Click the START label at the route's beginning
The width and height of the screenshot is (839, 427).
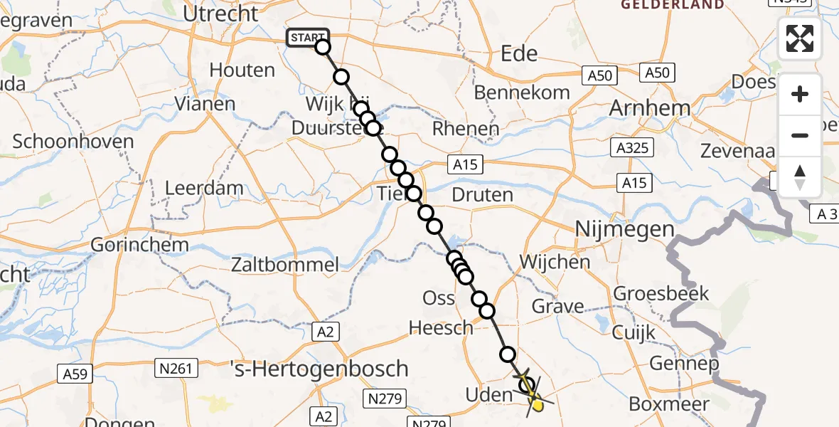tap(307, 38)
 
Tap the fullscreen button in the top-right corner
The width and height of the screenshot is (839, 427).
tap(800, 38)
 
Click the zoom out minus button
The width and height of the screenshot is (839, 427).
tap(800, 135)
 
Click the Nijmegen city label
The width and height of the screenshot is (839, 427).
tap(624, 229)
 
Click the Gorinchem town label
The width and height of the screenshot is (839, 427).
tap(140, 246)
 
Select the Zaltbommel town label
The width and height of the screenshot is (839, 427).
tap(285, 265)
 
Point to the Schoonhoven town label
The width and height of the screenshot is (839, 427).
tap(73, 141)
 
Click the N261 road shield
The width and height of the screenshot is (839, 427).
tap(175, 368)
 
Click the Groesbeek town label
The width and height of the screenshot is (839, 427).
tap(651, 293)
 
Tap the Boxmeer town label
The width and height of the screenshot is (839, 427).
tap(668, 404)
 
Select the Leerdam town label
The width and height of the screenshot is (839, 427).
tap(204, 189)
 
